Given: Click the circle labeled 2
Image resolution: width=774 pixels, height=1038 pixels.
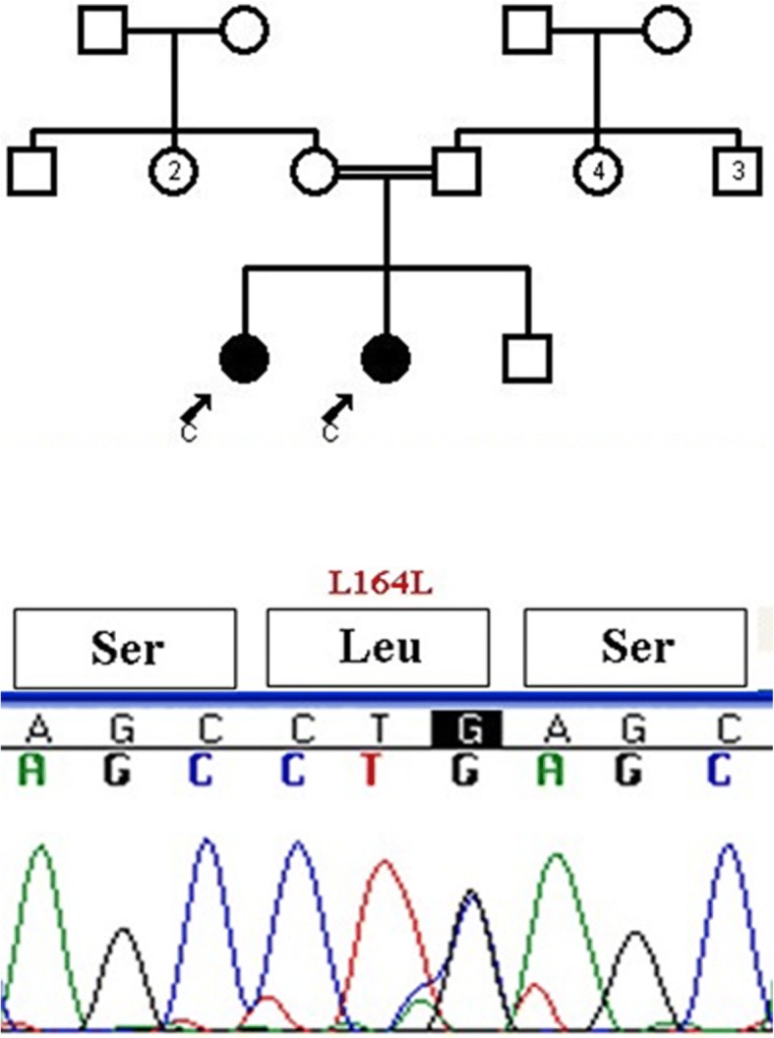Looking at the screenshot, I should [x=174, y=172].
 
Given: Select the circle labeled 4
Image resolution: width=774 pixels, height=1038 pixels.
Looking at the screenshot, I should [x=597, y=172].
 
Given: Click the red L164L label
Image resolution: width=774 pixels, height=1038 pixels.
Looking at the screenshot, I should [x=381, y=587].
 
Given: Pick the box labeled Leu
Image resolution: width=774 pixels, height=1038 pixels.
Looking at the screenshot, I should [x=379, y=648].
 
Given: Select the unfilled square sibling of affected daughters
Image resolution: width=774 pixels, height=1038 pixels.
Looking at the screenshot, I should [x=527, y=358].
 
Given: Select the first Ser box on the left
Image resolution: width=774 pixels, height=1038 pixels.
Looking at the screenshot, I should [x=124, y=648].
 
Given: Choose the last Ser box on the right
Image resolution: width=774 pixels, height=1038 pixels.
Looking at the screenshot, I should [x=638, y=648].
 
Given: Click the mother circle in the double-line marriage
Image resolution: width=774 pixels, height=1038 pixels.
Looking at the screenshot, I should [x=316, y=172].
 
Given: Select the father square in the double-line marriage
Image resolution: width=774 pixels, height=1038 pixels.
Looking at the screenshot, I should [x=456, y=172].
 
